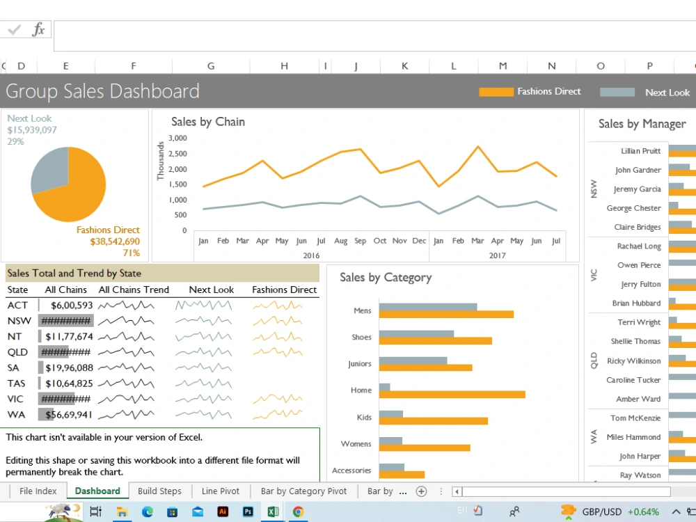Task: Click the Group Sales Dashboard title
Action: coord(102,91)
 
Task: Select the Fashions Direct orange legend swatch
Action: coord(496,92)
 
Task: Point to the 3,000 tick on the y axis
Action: coord(177,138)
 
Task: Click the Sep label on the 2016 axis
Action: coord(360,241)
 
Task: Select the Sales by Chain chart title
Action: coord(208,122)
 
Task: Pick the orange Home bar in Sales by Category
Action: coord(452,395)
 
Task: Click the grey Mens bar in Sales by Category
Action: coord(427,307)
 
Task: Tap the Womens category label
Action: coord(356,443)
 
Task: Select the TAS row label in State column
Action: coord(16,383)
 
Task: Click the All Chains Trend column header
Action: coord(134,290)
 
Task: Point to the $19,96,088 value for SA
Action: coord(69,367)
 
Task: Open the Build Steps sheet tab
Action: coord(159,491)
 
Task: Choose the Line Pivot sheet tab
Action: coord(220,491)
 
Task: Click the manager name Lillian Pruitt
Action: coord(640,151)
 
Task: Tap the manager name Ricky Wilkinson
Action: coord(633,361)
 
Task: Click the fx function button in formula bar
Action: coord(38,30)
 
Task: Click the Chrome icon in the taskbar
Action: coord(298,512)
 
